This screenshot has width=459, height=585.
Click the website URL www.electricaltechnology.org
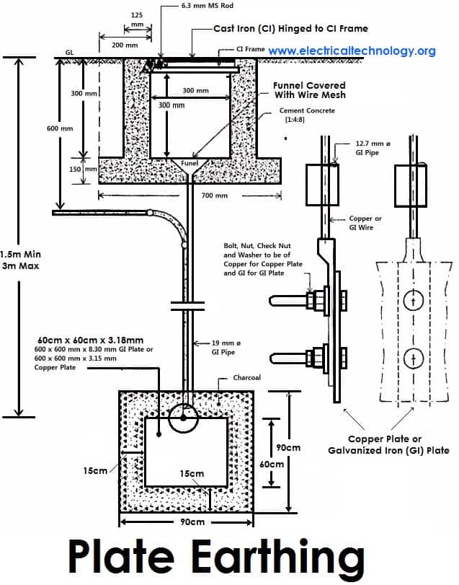click(352, 50)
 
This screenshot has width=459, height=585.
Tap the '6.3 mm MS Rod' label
click(208, 6)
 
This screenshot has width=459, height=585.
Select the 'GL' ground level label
click(70, 53)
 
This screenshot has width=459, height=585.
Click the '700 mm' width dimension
click(214, 195)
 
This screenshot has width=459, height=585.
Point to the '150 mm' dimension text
click(83, 169)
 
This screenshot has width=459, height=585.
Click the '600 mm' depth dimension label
click(60, 128)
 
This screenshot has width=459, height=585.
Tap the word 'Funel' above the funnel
click(190, 164)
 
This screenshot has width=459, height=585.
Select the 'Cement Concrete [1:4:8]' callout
click(307, 115)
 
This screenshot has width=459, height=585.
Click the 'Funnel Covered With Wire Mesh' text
click(310, 90)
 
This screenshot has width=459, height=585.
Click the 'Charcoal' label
click(246, 377)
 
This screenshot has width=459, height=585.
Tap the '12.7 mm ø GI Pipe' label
click(373, 148)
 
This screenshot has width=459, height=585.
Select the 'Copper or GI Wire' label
click(365, 223)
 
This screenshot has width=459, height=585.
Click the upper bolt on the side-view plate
click(308, 300)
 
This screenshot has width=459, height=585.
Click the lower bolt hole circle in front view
click(413, 358)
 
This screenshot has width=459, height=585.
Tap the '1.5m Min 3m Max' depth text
click(21, 260)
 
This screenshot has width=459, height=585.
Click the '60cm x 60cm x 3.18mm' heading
click(91, 340)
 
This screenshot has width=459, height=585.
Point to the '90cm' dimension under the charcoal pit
click(192, 522)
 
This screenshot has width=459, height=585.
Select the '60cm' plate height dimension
click(272, 464)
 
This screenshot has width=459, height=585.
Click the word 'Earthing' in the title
click(278, 557)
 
